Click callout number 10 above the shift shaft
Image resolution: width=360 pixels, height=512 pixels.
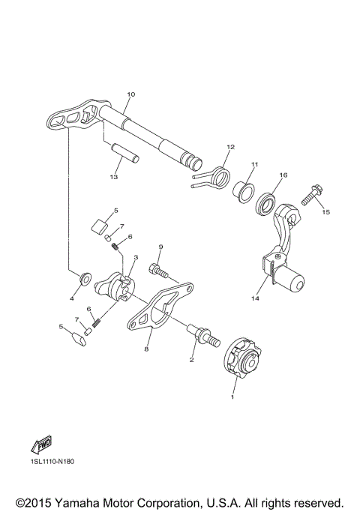130,94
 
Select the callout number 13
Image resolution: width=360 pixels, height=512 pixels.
114,177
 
